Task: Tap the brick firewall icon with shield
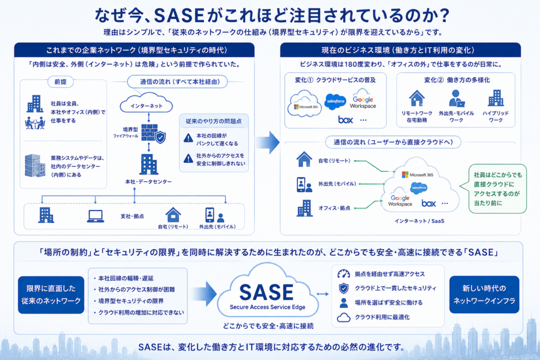[153, 133]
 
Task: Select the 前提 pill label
[60, 82]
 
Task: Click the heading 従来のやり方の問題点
[214, 121]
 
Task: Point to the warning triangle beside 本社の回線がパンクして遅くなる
[188, 138]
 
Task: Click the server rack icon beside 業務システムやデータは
[35, 166]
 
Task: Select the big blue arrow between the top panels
[267, 142]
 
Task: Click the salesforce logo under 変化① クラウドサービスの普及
[335, 102]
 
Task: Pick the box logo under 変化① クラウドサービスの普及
[345, 120]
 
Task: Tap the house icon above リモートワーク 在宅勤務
[417, 98]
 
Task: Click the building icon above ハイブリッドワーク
[496, 98]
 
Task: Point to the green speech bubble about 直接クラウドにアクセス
[497, 189]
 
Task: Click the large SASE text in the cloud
[266, 293]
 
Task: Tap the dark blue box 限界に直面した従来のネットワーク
[51, 295]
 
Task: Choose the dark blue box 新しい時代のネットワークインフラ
[484, 295]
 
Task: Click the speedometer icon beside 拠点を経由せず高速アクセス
[343, 274]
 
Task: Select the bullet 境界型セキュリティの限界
[129, 301]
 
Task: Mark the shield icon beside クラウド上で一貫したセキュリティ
[343, 288]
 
